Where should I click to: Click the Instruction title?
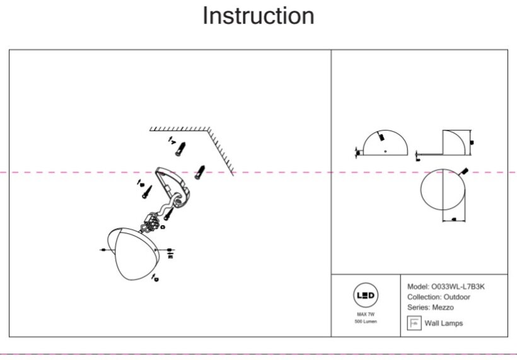tap(258, 16)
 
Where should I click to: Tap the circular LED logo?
tap(366, 295)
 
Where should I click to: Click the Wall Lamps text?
tap(443, 323)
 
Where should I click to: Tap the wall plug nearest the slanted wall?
tap(200, 171)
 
